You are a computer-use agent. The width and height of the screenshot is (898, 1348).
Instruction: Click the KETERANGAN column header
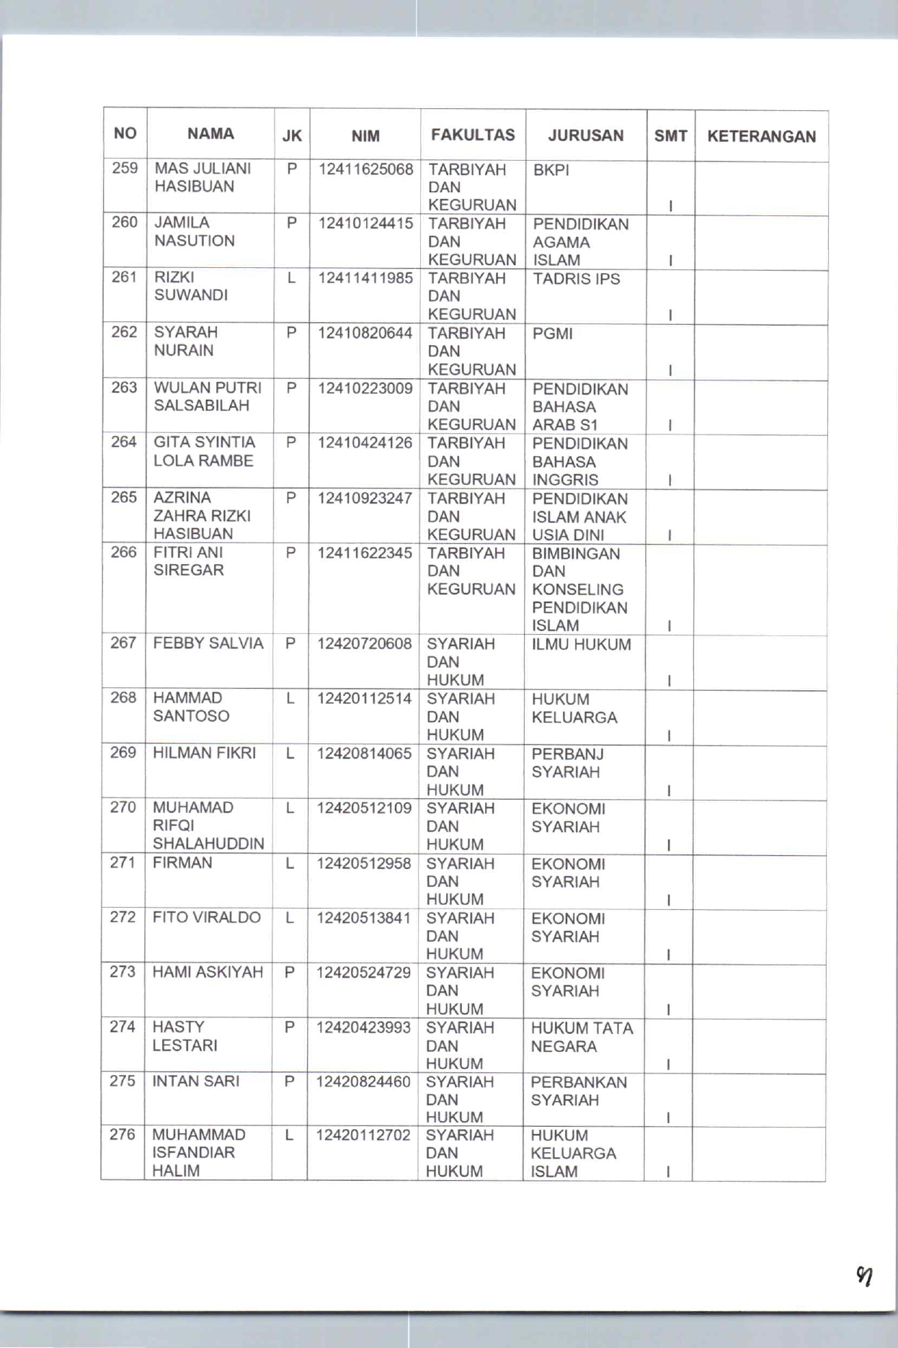pos(761,136)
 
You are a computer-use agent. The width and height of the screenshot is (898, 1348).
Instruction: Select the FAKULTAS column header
pos(473,135)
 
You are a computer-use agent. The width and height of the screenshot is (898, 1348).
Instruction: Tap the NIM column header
pos(365,135)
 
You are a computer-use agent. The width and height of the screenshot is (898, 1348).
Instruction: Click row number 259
pos(125,169)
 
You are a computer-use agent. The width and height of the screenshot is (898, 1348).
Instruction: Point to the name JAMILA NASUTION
pos(194,232)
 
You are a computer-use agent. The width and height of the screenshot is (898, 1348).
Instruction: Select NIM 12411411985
pos(365,278)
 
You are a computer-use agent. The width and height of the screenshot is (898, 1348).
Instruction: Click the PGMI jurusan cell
pos(552,334)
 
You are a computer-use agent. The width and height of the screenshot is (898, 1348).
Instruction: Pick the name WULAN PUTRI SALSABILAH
pos(207,397)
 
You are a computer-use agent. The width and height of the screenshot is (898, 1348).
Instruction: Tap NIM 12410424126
pos(365,443)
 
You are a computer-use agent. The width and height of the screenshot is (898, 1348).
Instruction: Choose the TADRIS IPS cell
pos(576,279)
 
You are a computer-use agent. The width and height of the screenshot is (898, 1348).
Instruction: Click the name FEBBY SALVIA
pos(208,643)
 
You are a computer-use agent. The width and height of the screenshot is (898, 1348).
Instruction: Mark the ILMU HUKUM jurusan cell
pos(581,645)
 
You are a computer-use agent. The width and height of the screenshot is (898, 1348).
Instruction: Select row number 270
pos(123,808)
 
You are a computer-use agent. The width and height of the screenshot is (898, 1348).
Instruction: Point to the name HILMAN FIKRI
pos(204,753)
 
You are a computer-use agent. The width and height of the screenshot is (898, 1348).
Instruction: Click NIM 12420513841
pos(364,918)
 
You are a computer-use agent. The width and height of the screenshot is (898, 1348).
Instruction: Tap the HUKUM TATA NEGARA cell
pos(582,1037)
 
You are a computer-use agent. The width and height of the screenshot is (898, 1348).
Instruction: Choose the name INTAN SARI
pos(195,1081)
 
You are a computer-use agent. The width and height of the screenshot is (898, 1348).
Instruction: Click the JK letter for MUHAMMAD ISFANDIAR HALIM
pos(289,1135)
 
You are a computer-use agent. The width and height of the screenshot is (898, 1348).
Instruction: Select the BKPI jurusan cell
pos(551,170)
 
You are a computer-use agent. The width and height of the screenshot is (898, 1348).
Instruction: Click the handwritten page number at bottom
pos(864,1277)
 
